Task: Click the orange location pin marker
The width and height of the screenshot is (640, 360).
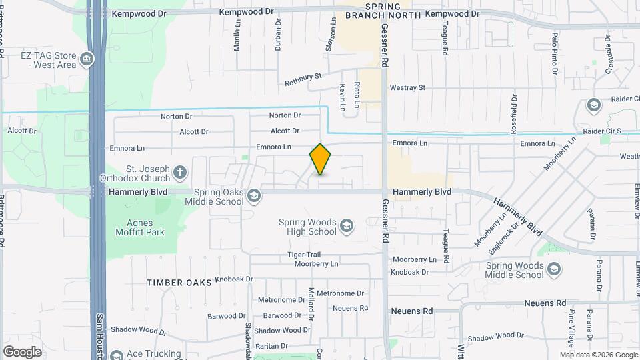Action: [x=320, y=159]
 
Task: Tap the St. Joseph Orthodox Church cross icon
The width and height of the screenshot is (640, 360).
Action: [x=179, y=173]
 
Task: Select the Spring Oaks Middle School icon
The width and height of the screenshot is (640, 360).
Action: [x=253, y=196]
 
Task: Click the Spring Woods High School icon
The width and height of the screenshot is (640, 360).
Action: [x=346, y=227]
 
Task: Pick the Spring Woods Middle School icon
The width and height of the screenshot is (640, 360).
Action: [x=553, y=269]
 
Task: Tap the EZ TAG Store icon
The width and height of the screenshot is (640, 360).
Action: [x=86, y=60]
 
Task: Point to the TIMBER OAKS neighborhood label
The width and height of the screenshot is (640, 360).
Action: [x=179, y=283]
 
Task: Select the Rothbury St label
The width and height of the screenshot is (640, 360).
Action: [x=303, y=80]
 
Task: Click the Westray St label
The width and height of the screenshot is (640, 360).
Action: [x=407, y=87]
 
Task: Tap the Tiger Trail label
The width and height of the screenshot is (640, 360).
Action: [x=304, y=255]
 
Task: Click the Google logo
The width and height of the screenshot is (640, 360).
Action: [x=22, y=351]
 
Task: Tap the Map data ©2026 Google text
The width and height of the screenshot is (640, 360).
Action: [x=597, y=355]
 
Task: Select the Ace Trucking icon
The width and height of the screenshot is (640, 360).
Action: [x=117, y=355]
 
